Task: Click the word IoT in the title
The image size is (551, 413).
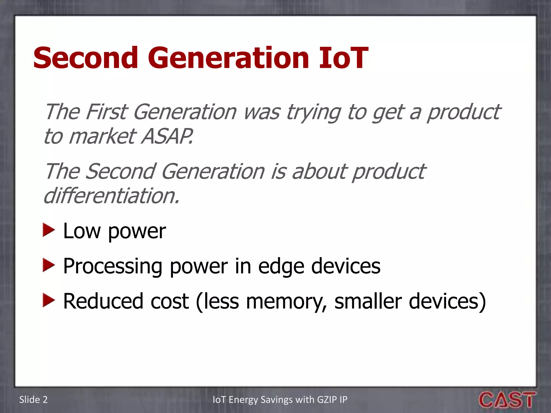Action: [x=344, y=58]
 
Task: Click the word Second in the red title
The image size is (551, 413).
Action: [x=86, y=58]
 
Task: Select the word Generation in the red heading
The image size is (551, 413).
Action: [x=228, y=58]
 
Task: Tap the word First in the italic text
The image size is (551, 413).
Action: [x=106, y=112]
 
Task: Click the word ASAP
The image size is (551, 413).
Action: [x=167, y=136]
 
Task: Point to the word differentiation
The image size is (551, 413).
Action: [x=111, y=195]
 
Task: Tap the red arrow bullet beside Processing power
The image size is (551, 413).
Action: [x=49, y=266]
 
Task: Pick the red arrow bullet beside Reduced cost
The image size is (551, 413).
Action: [x=49, y=300]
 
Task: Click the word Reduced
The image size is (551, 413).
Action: [x=103, y=301]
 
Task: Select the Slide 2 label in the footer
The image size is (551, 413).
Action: [x=33, y=400]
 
